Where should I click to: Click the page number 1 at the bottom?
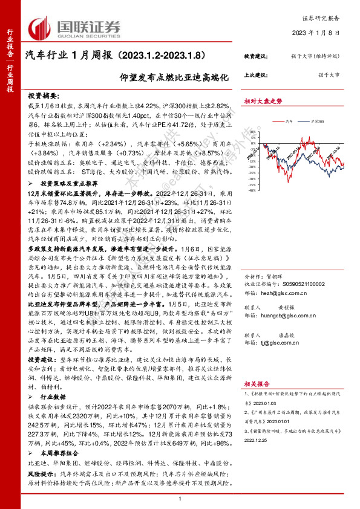click(x=180, y=498)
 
